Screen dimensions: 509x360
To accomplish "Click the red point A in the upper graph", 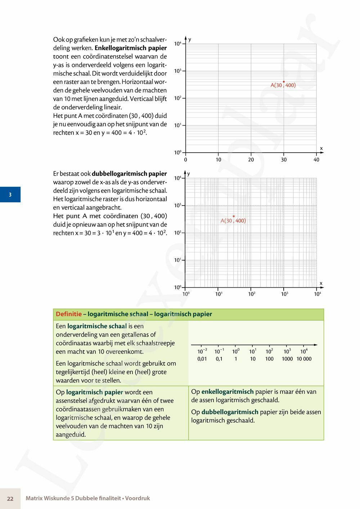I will [x=284, y=82].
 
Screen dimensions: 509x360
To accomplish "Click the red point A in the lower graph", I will [x=234, y=216].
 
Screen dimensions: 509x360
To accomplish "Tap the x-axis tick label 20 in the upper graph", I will [x=251, y=160].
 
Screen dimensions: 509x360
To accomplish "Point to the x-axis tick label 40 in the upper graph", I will [x=316, y=160].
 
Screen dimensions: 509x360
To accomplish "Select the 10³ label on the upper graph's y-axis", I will [x=178, y=71].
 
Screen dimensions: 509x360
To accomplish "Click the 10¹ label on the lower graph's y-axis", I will [x=178, y=260].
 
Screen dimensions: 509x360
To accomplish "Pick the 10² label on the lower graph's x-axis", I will [x=252, y=294].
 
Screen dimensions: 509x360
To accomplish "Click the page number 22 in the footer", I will [x=10, y=499].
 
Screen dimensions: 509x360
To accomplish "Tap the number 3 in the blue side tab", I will [x=10, y=195].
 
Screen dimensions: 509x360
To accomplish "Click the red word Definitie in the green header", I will [x=69, y=314].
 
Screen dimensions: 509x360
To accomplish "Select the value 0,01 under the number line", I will [x=202, y=359].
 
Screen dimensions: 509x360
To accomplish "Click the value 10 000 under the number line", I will [x=304, y=359].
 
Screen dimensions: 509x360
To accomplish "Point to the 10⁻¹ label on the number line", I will [x=219, y=351].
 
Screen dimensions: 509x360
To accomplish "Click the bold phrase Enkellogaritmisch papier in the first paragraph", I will [x=131, y=48].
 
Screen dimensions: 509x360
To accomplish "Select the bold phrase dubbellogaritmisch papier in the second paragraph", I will [x=129, y=174].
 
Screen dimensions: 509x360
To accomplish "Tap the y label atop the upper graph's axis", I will [x=190, y=39].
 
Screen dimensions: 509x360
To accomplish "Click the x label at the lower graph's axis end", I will [x=321, y=283].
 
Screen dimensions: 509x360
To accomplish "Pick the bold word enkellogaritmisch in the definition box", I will [x=228, y=392].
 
